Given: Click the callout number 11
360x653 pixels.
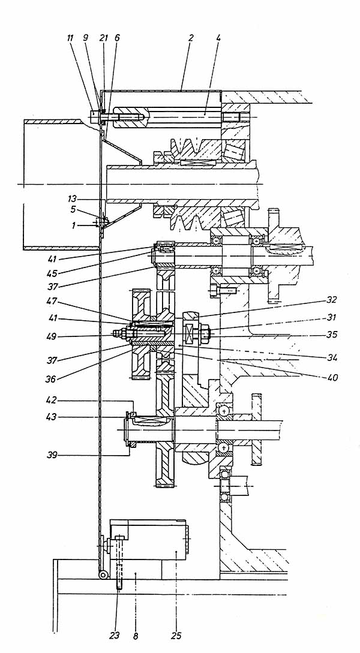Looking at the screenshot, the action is coord(70,38).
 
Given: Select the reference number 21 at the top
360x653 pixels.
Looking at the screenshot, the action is coord(104,38).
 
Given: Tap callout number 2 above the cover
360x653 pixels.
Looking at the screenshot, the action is coord(191,38).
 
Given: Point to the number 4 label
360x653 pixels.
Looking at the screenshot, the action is coord(219,38).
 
